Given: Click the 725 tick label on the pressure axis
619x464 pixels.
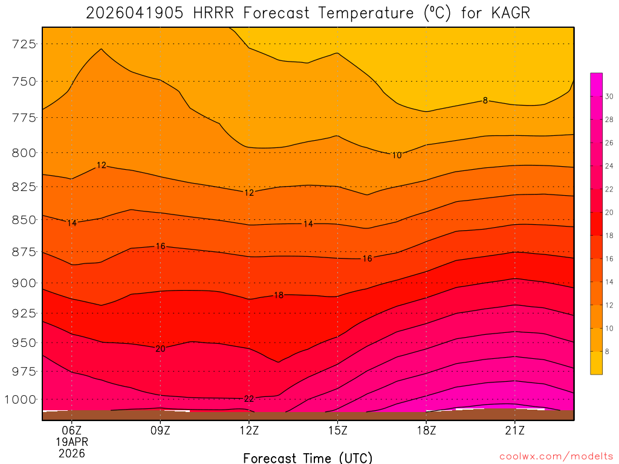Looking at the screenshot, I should [x=25, y=44].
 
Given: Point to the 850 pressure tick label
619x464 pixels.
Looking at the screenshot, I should [x=25, y=220].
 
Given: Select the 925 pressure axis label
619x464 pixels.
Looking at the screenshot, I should [x=25, y=313].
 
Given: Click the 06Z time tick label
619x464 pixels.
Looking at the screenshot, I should [x=72, y=430].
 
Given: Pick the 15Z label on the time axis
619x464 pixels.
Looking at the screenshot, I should [x=337, y=430].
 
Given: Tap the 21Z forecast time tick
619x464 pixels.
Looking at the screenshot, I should [x=514, y=430].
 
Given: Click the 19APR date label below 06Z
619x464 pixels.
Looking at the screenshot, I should [x=72, y=442].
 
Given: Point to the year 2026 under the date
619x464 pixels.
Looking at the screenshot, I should [x=72, y=453].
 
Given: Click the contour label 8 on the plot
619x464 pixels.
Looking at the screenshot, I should [x=485, y=100].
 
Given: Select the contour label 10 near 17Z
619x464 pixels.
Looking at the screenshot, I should [x=397, y=155].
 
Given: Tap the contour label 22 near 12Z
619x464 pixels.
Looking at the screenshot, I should [x=249, y=399].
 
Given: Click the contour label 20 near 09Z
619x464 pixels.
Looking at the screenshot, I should [x=160, y=349].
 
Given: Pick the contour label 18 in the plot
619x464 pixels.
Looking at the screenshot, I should [x=279, y=295].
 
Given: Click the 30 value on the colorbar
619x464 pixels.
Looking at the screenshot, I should [x=609, y=97].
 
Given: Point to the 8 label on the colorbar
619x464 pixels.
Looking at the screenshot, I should [x=608, y=352].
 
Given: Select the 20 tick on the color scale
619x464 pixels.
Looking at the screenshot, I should [x=609, y=213].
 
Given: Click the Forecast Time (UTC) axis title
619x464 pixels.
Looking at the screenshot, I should [x=308, y=457].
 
